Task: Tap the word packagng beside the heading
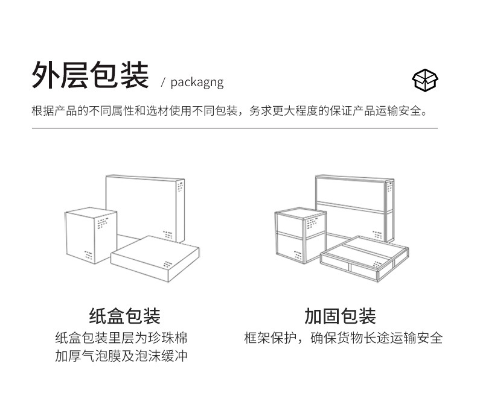196,82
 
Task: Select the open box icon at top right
425,80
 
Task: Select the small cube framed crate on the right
299,238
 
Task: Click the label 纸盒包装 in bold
125,316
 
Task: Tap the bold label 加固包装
340,316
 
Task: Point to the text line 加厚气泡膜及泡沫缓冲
121,356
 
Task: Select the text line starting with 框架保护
343,338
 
